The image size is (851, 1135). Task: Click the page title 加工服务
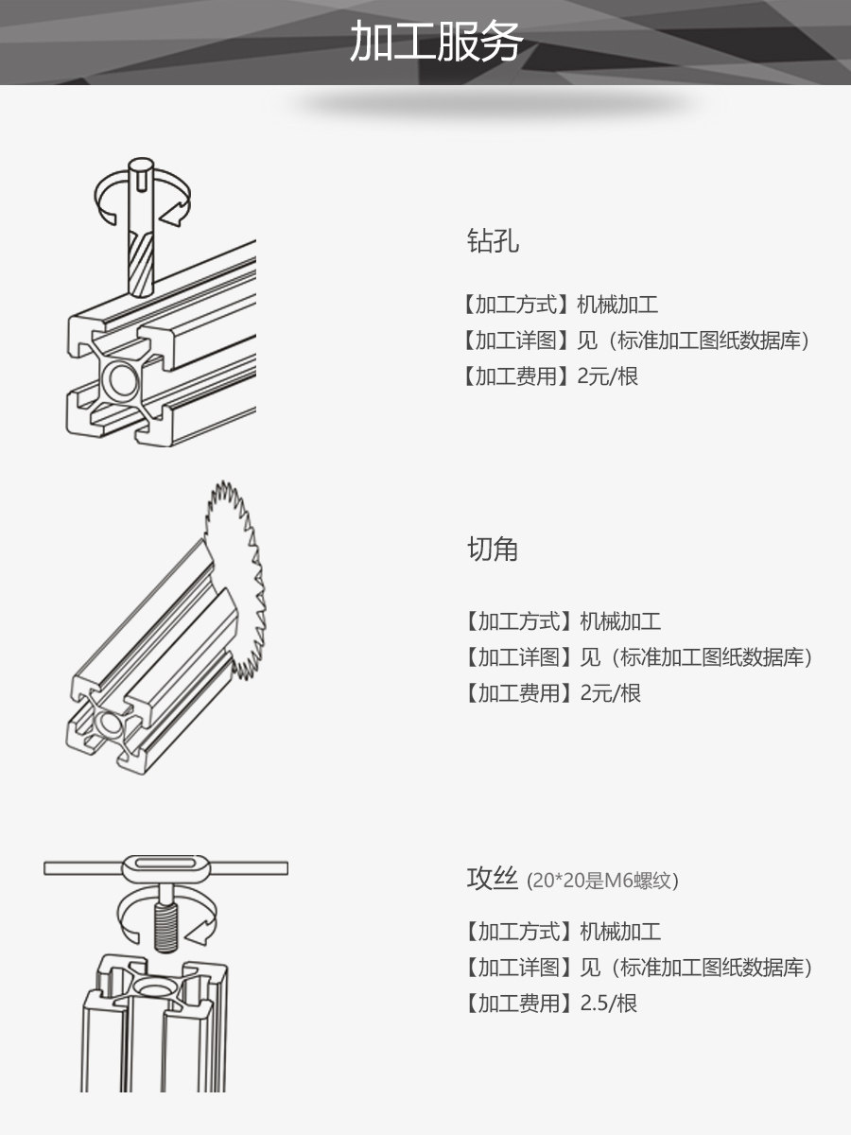point(436,42)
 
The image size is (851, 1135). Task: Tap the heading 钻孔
point(493,241)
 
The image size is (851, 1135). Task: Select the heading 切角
point(493,550)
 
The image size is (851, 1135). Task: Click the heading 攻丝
point(493,879)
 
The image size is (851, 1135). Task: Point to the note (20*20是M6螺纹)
point(602,881)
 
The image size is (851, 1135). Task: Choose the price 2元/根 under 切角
point(611,693)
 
